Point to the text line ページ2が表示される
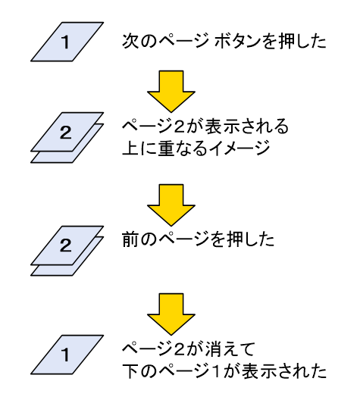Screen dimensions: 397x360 (x=205, y=123)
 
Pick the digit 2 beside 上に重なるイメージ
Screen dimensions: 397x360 (x=65, y=133)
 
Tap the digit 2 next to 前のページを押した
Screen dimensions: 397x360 (x=65, y=244)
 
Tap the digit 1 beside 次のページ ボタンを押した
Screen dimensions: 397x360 (x=65, y=42)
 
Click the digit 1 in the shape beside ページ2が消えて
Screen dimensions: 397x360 (x=65, y=353)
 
